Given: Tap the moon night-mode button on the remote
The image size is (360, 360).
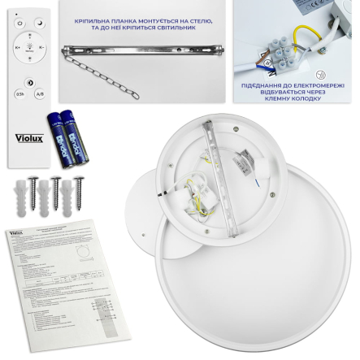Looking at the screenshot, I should pos(38,25).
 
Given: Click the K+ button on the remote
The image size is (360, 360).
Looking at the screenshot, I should pos(18,48).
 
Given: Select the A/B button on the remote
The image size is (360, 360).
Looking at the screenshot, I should pos(40,93).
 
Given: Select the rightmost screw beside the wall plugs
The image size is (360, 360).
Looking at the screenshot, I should pos(79,191).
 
